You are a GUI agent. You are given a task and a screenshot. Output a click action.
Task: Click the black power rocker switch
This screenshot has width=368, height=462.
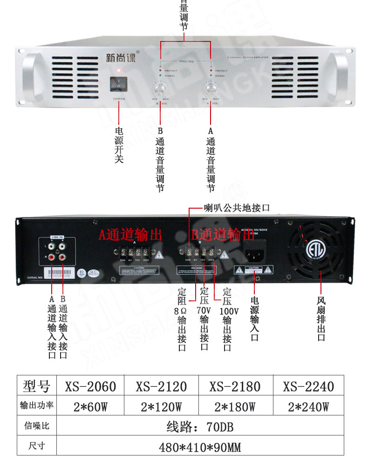point(119,84)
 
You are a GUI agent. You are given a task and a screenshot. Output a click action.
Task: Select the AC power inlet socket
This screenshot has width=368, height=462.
point(256,254)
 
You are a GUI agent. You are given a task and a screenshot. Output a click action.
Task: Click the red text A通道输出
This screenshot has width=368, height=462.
point(130,235)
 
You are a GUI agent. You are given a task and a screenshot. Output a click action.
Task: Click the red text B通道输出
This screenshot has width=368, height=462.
point(223,235)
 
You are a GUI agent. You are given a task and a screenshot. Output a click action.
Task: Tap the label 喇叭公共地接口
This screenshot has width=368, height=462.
point(237,208)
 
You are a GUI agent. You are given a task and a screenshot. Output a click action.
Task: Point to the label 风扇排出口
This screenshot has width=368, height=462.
point(321,319)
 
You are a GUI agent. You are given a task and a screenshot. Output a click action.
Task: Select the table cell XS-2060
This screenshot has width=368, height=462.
point(90,387)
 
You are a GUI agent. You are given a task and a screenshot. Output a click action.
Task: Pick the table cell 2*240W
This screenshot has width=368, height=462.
point(308,407)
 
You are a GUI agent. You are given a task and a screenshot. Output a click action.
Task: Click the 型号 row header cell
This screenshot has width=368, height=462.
point(36,387)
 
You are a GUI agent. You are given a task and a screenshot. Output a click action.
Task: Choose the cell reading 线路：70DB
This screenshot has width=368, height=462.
point(200,427)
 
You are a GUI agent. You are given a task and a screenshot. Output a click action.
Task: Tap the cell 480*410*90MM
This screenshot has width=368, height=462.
point(200,447)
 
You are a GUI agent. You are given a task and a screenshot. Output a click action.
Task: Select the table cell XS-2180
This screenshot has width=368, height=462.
point(235,387)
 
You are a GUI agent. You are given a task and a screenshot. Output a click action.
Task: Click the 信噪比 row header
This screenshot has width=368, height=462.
point(36,426)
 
